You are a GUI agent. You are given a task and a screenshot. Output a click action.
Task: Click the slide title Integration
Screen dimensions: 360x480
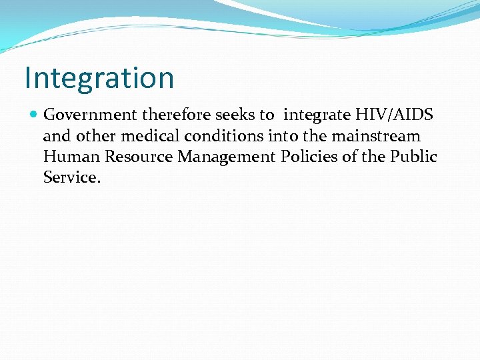pos(99,77)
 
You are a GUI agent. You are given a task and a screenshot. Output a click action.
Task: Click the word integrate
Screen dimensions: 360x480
pos(317,115)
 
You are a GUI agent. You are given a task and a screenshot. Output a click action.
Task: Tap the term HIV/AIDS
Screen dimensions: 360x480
pos(395,115)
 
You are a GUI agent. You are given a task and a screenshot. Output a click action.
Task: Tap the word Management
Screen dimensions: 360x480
pos(227,157)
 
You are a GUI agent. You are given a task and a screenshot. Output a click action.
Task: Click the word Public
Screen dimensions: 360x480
pos(413,157)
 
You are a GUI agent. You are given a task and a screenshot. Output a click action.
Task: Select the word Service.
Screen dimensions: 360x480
pos(71,177)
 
